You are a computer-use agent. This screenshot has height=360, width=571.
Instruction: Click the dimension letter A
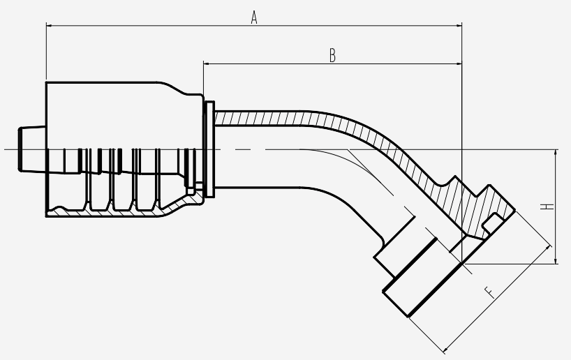click(254, 17)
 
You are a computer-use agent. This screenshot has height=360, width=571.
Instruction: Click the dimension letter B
click(332, 56)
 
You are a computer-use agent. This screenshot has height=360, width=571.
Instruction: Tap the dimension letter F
click(490, 292)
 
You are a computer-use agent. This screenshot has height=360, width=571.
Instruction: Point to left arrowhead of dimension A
click(50, 26)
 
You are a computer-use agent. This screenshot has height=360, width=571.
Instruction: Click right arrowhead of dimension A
click(458, 26)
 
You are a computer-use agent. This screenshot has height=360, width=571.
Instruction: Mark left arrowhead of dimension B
click(207, 63)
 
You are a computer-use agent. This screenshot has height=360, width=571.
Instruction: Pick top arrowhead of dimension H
click(556, 153)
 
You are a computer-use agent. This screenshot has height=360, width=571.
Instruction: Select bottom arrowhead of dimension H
click(556, 260)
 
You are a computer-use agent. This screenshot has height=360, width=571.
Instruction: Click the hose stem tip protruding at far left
click(32, 149)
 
